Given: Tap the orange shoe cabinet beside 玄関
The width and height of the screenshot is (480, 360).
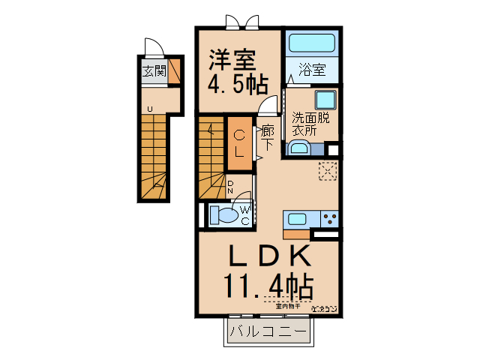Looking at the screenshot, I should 174,72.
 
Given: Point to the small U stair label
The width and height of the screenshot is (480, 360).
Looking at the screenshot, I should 149,109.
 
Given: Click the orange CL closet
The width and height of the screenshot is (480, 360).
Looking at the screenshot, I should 239,141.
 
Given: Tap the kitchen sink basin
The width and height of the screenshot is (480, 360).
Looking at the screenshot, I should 297,220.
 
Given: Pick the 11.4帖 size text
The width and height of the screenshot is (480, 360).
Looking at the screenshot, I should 268,286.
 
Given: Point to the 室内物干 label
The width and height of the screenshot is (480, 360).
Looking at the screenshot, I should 287,306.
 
